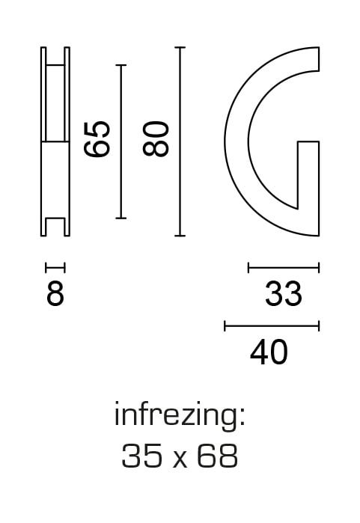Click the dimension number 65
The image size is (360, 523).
click(x=97, y=138)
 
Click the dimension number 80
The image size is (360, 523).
click(x=156, y=138)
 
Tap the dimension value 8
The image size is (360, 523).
click(x=55, y=294)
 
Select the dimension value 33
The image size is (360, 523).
click(x=283, y=294)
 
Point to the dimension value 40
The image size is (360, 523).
click(x=269, y=352)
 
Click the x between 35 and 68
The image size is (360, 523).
click(x=180, y=459)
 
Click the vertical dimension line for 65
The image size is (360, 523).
click(x=120, y=141)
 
